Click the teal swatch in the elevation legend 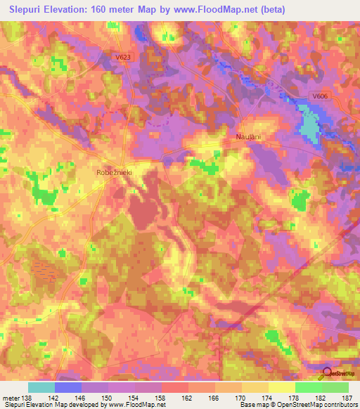click(x=41, y=387)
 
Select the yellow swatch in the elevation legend click(x=282, y=387)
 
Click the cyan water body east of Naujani click(x=309, y=123)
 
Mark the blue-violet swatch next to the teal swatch click(x=68, y=387)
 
